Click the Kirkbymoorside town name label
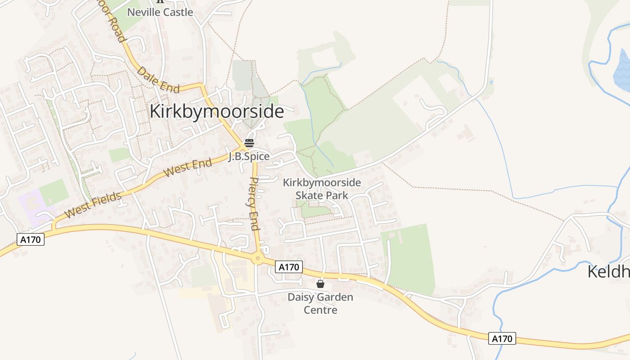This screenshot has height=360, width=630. point(216,112)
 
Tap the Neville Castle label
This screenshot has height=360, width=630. point(160,12)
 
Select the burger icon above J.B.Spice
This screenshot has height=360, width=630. point(249,143)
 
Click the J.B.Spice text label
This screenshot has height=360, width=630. point(249,157)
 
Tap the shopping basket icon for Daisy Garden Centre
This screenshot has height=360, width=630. point(320,284)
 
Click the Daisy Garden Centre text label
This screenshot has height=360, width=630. point(320,304)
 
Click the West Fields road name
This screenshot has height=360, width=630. point(93,205)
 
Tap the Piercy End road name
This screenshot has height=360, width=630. point(254,203)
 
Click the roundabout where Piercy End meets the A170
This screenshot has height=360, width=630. point(257,258)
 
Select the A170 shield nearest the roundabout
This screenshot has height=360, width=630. point(288,267)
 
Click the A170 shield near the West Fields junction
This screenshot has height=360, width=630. point(31,239)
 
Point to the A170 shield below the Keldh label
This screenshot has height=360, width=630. point(502,338)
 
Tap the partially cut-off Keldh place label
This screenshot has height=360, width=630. point(609,271)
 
